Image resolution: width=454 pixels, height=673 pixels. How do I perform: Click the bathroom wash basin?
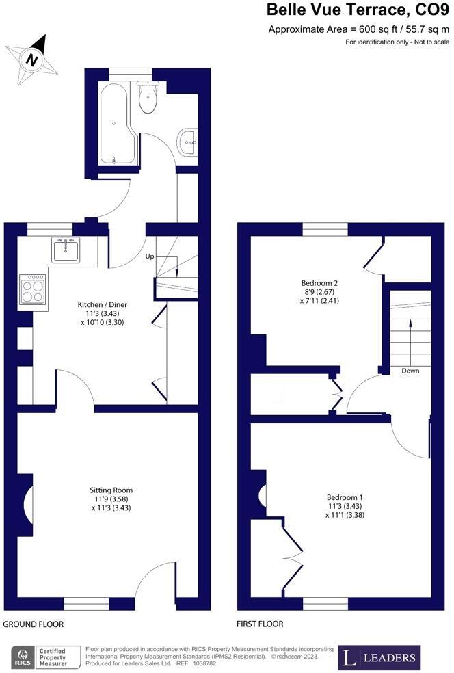coord(187,143)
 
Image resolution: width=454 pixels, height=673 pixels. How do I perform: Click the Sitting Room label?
coord(111,490)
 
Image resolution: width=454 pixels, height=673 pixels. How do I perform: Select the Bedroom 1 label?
coord(344,497)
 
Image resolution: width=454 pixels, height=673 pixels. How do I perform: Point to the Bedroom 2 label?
coord(320,282)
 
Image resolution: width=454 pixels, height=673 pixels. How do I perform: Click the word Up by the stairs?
coord(149,256)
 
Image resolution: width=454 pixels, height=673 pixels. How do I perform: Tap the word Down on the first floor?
coord(410,371)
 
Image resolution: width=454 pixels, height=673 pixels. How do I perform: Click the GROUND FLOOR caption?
coord(34,624)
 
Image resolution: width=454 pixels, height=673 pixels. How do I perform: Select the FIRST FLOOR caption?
coord(260,624)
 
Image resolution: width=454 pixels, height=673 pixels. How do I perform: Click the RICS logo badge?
coord(23,657)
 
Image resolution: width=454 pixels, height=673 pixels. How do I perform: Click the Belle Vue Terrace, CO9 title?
coord(358,10)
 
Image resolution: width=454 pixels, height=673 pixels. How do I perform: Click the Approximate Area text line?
coord(358,29)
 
